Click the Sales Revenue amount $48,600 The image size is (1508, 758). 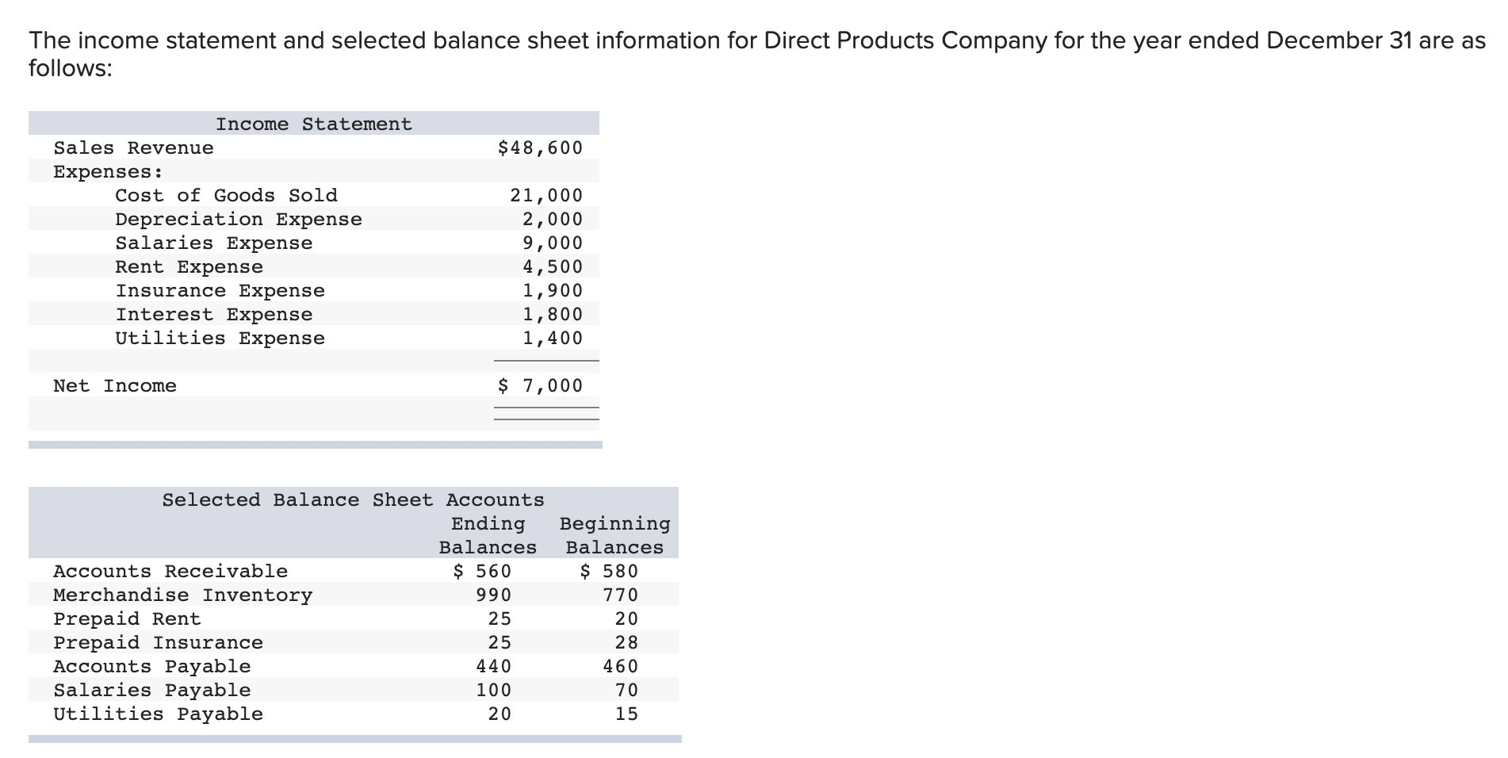tap(540, 148)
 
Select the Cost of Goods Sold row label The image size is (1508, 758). tap(226, 196)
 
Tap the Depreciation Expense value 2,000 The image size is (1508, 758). tap(552, 220)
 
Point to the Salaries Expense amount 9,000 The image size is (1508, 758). tap(552, 243)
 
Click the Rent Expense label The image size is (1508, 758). tap(189, 267)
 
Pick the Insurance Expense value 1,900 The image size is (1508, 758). tap(552, 291)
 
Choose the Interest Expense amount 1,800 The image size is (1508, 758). tap(552, 315)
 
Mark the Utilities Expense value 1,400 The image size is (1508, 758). tap(552, 339)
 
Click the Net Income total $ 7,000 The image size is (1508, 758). tap(540, 386)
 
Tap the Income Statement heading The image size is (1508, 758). tap(314, 124)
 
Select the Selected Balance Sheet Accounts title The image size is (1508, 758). tap(353, 500)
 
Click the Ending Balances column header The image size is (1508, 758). tap(488, 536)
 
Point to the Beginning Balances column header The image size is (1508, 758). tap(614, 536)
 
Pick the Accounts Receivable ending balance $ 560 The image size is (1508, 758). tap(482, 572)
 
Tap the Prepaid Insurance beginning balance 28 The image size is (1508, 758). tap(626, 643)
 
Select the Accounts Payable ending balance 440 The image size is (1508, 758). tap(493, 667)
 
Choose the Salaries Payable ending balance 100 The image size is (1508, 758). tap(493, 691)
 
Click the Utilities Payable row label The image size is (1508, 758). tap(158, 714)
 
